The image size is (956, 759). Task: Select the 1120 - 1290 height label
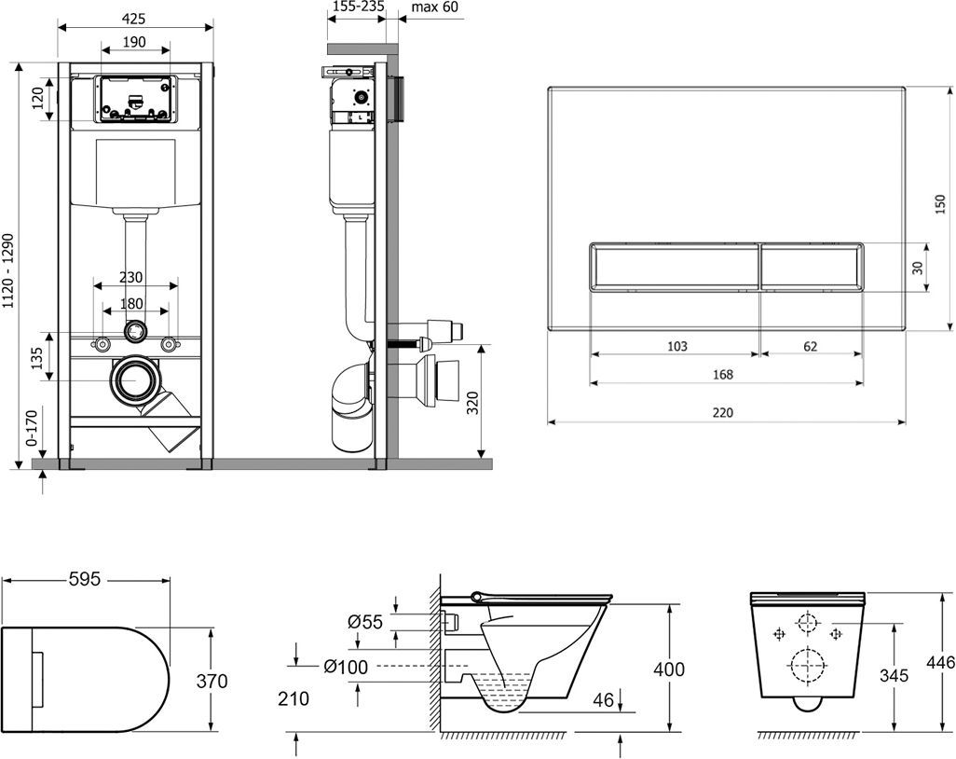tap(8, 271)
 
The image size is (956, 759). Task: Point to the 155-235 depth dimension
tap(359, 7)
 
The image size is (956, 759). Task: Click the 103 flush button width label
tap(677, 346)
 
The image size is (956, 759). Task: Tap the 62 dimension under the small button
tap(810, 346)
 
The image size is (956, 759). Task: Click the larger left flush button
tap(676, 267)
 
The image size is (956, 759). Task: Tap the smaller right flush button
tap(811, 267)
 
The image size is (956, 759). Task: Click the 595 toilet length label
tap(84, 579)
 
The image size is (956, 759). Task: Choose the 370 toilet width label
tap(212, 681)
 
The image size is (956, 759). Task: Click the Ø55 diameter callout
tap(365, 622)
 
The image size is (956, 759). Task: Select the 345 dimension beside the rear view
tap(893, 675)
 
